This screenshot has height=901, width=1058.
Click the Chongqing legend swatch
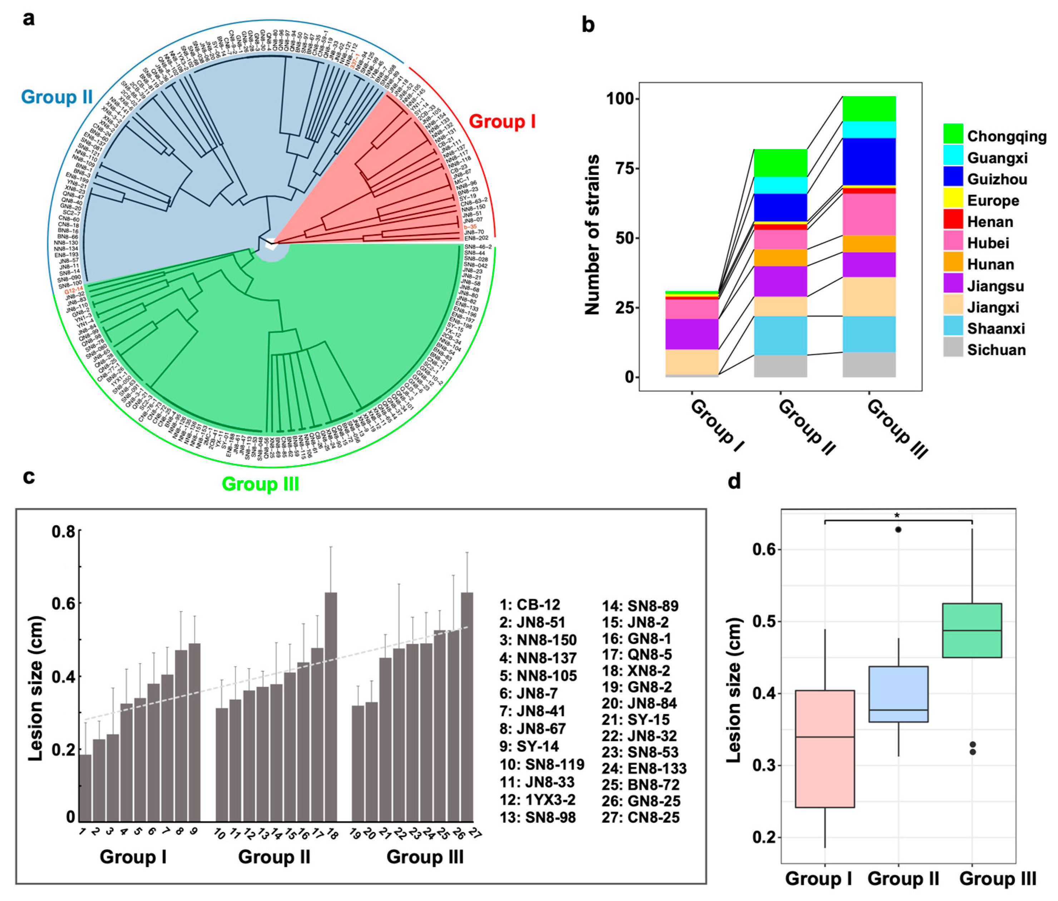click(x=953, y=134)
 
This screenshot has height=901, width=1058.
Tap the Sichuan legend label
click(x=996, y=350)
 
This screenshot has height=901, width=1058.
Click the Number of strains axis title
click(x=592, y=235)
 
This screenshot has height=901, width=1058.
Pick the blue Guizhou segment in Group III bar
click(x=869, y=161)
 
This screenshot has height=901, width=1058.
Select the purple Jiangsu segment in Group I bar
click(x=692, y=334)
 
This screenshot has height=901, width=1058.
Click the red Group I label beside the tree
click(x=502, y=122)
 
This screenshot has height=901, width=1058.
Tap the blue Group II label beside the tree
click(x=57, y=97)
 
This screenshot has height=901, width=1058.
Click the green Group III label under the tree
click(x=261, y=484)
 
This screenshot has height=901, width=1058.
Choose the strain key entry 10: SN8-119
click(x=541, y=765)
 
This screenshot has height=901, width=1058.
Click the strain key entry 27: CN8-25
click(x=641, y=818)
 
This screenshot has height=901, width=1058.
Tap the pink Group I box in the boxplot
click(x=825, y=749)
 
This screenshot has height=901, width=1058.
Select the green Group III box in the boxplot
click(x=972, y=630)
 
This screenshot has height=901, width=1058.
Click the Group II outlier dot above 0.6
click(x=898, y=530)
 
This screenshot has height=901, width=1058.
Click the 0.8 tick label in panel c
click(x=63, y=532)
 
